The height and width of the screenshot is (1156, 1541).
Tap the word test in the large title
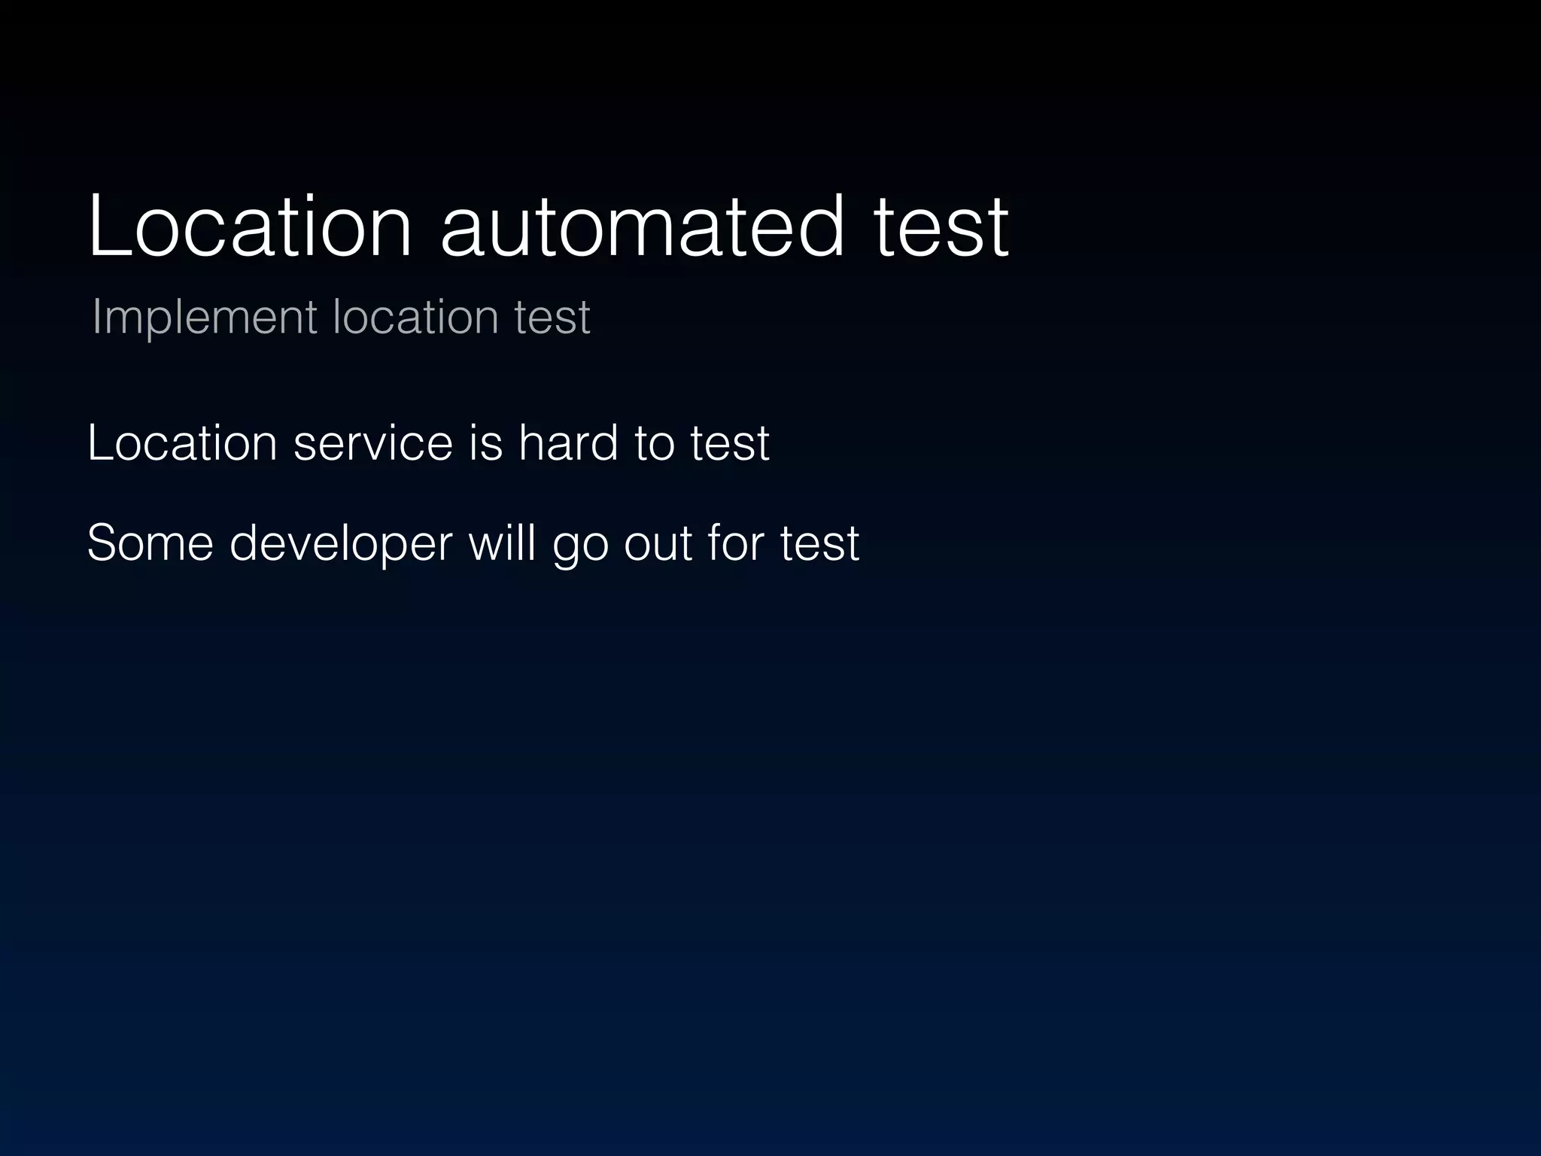(x=941, y=227)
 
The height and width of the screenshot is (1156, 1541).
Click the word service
(x=373, y=443)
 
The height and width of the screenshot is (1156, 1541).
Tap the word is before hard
(x=485, y=443)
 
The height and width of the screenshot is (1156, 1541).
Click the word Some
(x=150, y=543)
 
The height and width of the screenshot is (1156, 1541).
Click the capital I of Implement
(x=96, y=316)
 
